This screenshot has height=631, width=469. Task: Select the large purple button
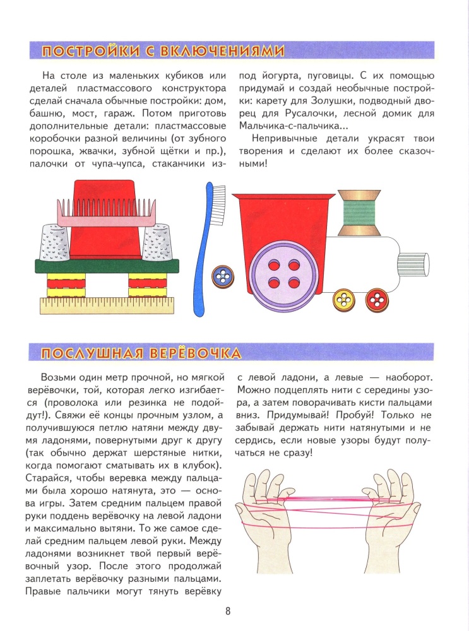[x=275, y=273]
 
